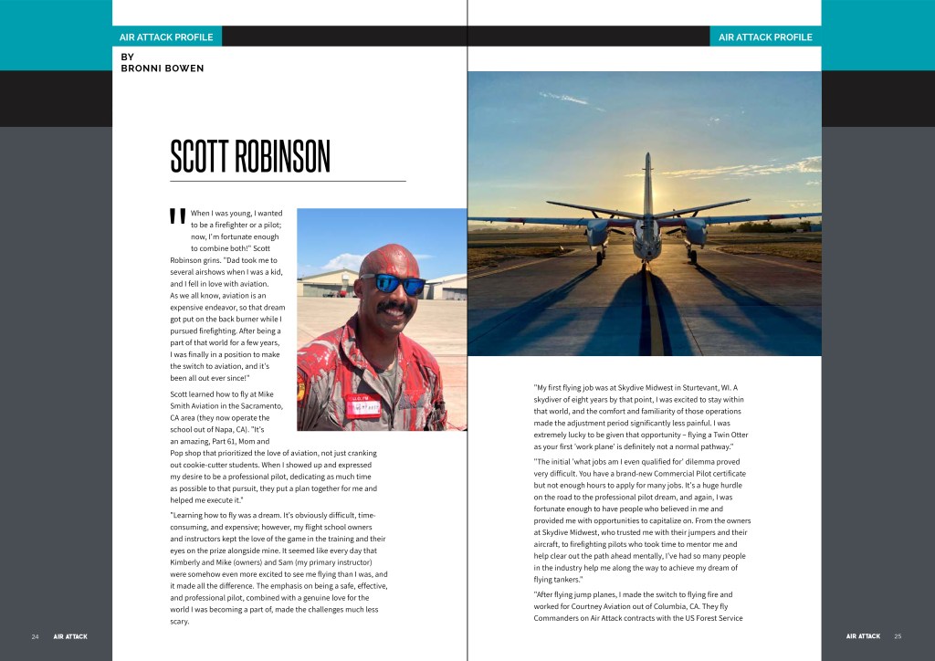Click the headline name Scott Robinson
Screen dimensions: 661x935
tap(249, 157)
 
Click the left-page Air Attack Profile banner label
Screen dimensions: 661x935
tap(166, 37)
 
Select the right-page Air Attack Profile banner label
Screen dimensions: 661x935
tap(765, 37)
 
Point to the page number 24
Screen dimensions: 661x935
tap(36, 636)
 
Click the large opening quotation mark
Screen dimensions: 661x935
tap(177, 218)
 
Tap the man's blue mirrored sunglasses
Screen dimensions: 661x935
tap(392, 284)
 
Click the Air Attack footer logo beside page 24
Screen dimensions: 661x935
tap(70, 636)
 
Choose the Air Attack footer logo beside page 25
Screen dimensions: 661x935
tap(863, 636)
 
